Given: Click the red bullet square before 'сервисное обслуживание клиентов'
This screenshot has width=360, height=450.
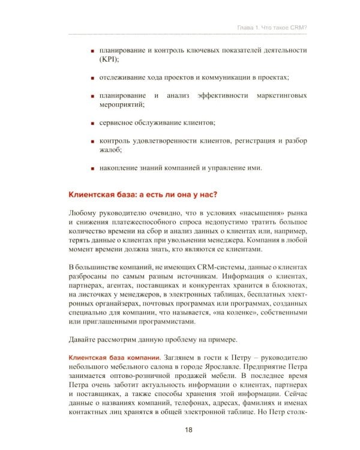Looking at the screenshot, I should coord(93,123).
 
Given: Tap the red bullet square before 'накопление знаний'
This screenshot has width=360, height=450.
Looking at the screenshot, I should coord(93,167).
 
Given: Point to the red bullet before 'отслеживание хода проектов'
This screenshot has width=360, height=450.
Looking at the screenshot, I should coord(93,78).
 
